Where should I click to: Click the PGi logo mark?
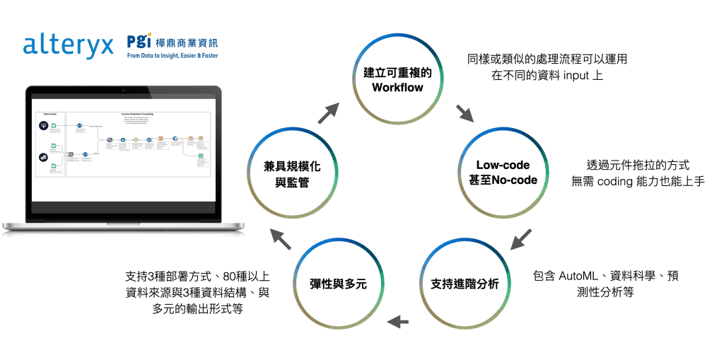coord(139,40)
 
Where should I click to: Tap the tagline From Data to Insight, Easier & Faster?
coord(172,54)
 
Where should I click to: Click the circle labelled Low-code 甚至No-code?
coord(507,172)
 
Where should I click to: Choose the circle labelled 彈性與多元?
coord(337,284)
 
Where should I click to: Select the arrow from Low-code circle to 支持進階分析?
coord(521,238)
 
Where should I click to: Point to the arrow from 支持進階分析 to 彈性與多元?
coord(398,322)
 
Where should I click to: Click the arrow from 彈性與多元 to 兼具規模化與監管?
coord(281,239)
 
